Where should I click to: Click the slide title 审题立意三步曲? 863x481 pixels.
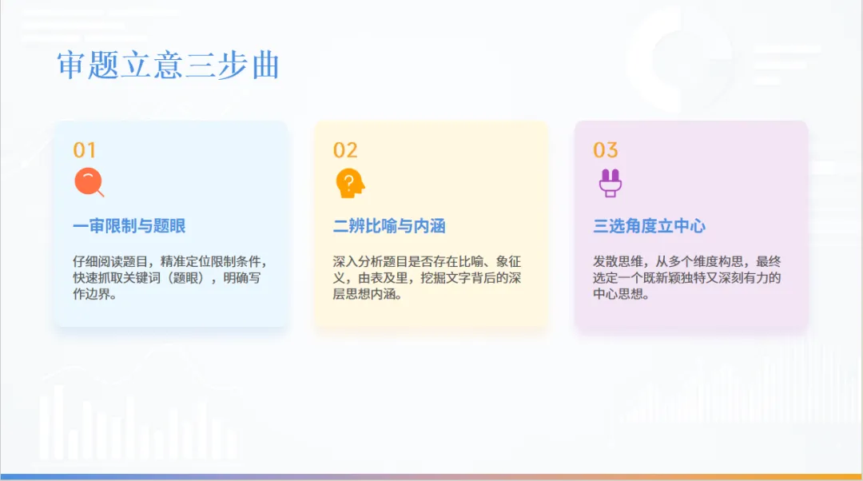pyautogui.click(x=168, y=66)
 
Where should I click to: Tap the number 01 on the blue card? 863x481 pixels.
pyautogui.click(x=84, y=150)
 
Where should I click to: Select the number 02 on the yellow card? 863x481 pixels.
pyautogui.click(x=345, y=150)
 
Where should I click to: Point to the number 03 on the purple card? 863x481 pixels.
pyautogui.click(x=605, y=150)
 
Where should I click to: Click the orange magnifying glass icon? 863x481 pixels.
pyautogui.click(x=88, y=183)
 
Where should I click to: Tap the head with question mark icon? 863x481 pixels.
pyautogui.click(x=349, y=183)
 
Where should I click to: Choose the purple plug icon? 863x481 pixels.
pyautogui.click(x=610, y=183)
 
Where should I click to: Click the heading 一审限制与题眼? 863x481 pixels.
pyautogui.click(x=129, y=226)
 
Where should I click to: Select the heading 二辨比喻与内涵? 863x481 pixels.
pyautogui.click(x=389, y=226)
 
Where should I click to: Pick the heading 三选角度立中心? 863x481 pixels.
pyautogui.click(x=649, y=226)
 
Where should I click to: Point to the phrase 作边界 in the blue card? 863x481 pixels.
pyautogui.click(x=89, y=294)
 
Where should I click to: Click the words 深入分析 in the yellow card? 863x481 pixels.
pyautogui.click(x=358, y=262)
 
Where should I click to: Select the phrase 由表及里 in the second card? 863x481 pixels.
pyautogui.click(x=384, y=278)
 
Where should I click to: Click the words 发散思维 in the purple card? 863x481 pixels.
pyautogui.click(x=618, y=262)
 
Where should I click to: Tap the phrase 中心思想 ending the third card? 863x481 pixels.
pyautogui.click(x=618, y=294)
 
